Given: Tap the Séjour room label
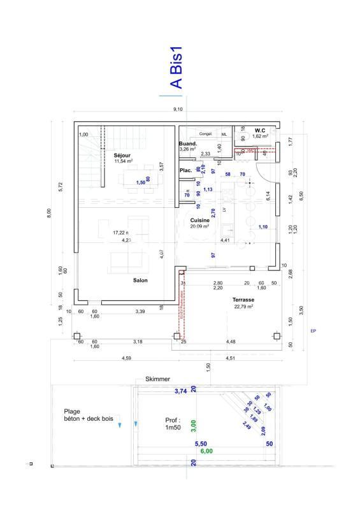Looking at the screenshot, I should click(122, 155).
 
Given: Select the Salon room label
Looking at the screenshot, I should click(141, 280).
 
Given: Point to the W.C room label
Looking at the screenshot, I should click(260, 129).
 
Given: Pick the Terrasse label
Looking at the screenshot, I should click(243, 299).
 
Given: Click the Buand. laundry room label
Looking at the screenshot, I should click(187, 144).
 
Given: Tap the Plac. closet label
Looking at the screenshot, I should click(186, 170).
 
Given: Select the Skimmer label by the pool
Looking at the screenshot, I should click(157, 379).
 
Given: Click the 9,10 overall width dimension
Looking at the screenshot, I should click(178, 110).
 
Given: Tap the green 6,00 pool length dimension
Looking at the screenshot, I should click(206, 451).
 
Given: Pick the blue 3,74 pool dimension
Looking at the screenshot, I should click(181, 391).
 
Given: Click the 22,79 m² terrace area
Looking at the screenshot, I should click(244, 307).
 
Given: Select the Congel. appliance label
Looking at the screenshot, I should click(205, 134).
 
